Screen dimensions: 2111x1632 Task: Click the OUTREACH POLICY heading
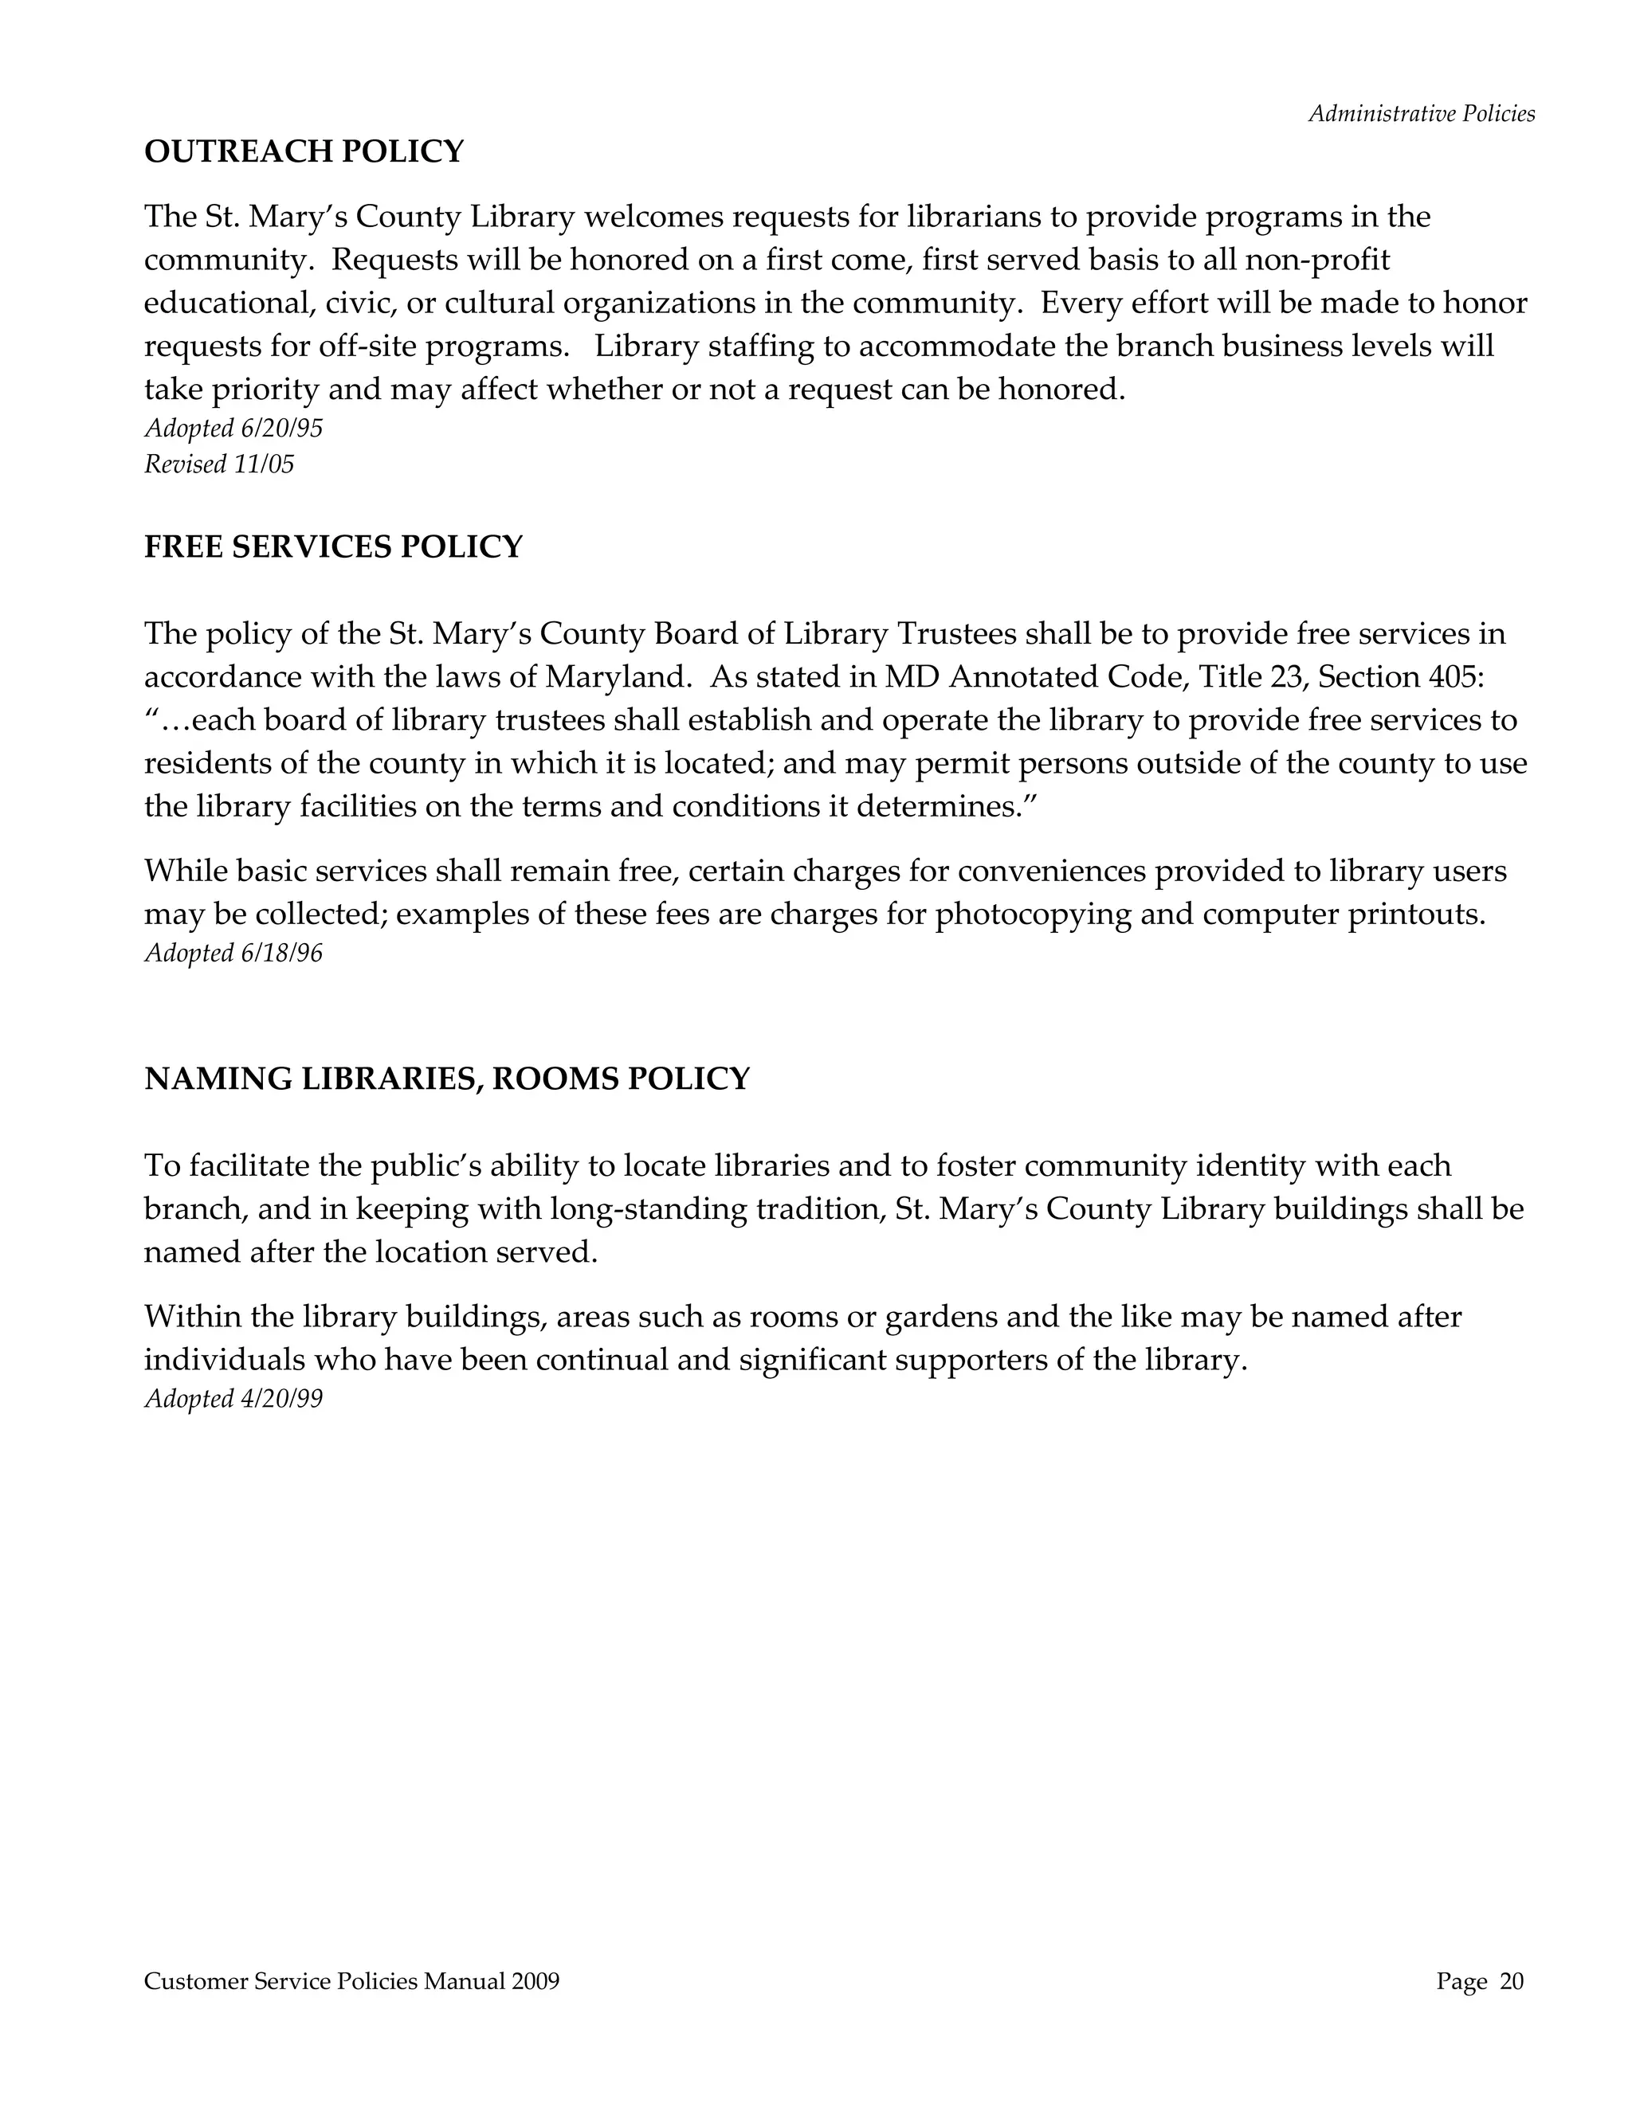tap(304, 151)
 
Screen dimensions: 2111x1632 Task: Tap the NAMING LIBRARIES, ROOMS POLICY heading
tap(447, 1079)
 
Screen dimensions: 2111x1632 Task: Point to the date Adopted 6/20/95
tap(233, 429)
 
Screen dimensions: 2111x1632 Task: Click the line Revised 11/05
tap(218, 465)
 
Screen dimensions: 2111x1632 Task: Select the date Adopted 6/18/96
tap(233, 954)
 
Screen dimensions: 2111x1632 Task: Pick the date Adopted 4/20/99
tap(233, 1399)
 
